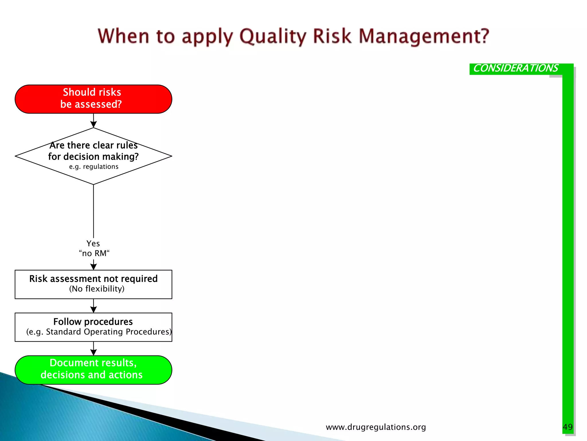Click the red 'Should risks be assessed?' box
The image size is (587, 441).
(x=93, y=99)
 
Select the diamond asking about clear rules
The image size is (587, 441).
(x=93, y=156)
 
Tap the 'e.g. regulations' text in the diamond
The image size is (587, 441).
(x=93, y=167)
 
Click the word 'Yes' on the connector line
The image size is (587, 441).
(x=93, y=243)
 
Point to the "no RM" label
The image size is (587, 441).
(x=94, y=253)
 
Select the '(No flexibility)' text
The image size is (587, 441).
(x=97, y=289)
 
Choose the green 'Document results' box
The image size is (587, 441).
(x=93, y=370)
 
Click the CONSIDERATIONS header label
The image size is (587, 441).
(x=515, y=68)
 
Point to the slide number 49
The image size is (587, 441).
(x=568, y=427)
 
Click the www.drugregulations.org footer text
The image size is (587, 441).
(x=376, y=427)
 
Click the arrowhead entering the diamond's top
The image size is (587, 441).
(x=93, y=124)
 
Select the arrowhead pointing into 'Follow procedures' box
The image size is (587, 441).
(x=93, y=310)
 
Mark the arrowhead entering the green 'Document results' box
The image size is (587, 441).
(x=93, y=352)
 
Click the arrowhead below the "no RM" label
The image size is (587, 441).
(x=93, y=267)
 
